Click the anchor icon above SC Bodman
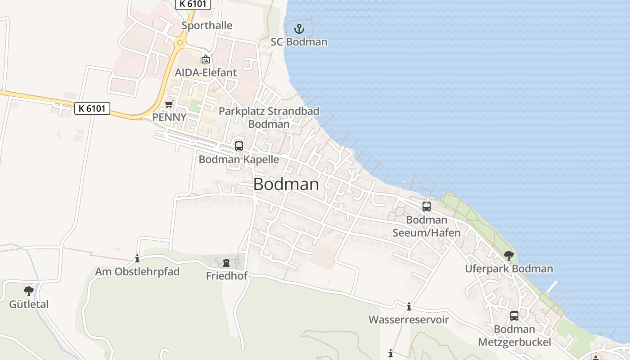coord(299,29)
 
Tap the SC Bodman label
coord(299,42)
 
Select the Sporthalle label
coord(207,26)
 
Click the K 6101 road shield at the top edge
coord(193,4)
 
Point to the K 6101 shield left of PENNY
coord(92,108)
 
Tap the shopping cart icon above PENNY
coord(169,104)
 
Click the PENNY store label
coord(169,117)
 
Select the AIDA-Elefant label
coord(206,72)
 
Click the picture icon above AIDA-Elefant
coord(206,59)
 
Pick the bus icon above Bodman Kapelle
coord(239,146)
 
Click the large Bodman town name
coord(286,184)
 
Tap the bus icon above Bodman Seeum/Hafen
coord(427,207)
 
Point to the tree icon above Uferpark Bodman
coord(509,256)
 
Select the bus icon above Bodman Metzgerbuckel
coord(514,316)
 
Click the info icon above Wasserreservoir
coord(409,307)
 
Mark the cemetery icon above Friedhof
coord(226,263)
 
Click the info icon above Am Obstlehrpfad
coord(137,259)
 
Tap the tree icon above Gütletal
coord(29,291)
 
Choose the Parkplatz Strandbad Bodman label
coord(269,117)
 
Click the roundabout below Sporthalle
coord(180,43)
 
